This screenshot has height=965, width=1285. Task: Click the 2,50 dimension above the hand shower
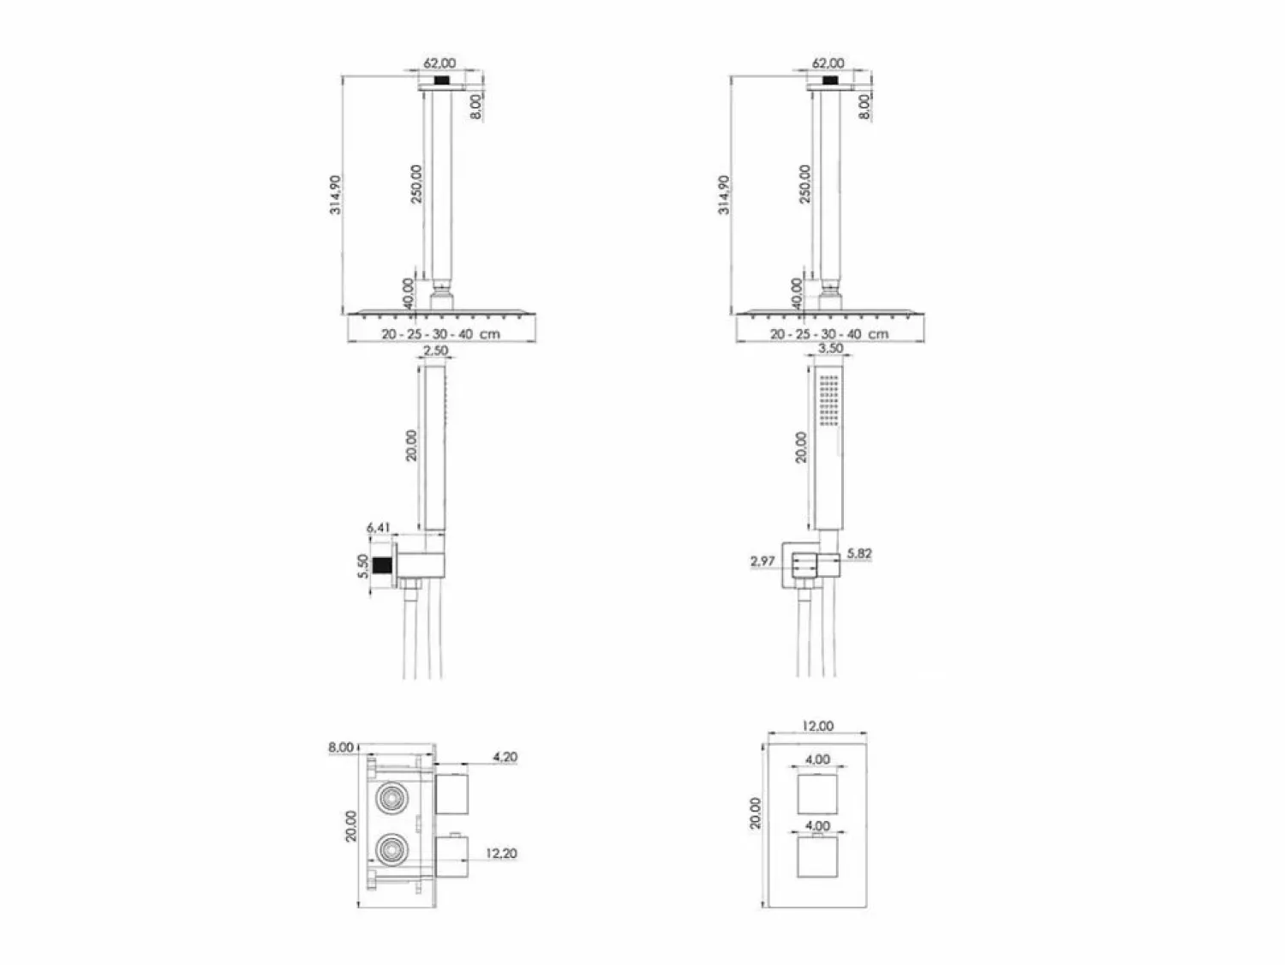coord(435,351)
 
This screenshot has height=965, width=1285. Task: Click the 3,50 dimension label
coord(830,349)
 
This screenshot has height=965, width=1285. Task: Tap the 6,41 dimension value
coord(378,528)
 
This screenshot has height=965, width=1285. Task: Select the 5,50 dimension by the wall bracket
coord(363,566)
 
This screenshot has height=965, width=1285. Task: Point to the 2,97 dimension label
coord(762,561)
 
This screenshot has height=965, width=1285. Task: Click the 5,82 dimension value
coord(859,554)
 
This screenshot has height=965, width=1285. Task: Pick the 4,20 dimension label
coord(505,757)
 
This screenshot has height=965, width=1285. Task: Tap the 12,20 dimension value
coord(501,853)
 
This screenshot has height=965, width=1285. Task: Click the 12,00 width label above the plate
coord(817,726)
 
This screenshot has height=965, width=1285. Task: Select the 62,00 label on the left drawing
coord(439,63)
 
